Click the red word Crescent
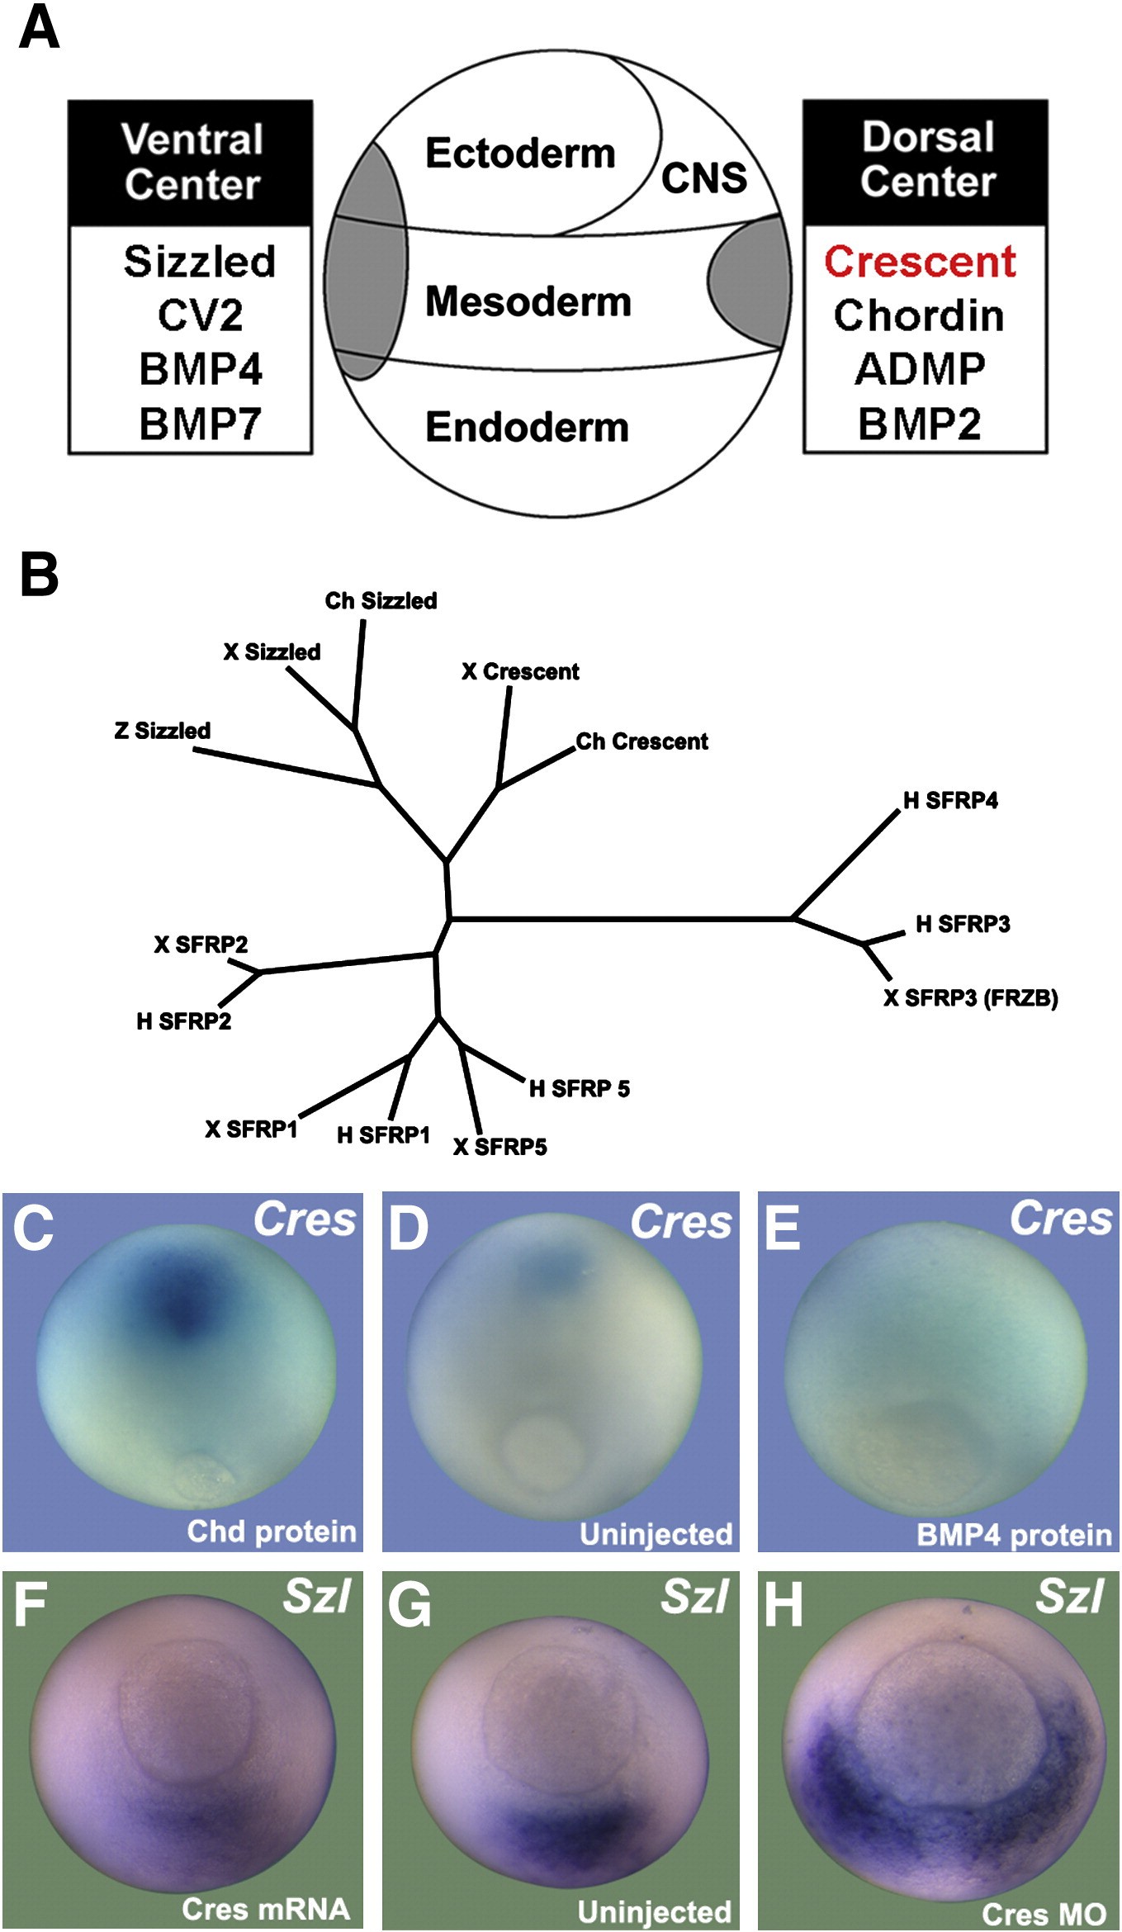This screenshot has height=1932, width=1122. (920, 262)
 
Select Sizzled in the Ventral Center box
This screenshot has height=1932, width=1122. (199, 262)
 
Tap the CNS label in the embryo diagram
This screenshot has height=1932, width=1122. (703, 178)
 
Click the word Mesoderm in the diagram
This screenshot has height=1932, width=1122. (528, 301)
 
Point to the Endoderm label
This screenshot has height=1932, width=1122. (527, 427)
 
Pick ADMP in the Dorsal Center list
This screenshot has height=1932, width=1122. (920, 369)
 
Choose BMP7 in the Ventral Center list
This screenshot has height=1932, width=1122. (200, 424)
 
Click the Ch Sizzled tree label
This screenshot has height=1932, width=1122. (381, 600)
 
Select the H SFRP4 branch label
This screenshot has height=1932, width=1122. (950, 800)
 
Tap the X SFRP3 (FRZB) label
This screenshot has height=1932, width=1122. (971, 998)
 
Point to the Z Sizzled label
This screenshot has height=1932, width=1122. (163, 730)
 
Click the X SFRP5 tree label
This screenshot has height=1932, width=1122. (500, 1146)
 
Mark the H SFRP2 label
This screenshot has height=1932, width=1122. (184, 1021)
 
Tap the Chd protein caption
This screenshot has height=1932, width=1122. (272, 1531)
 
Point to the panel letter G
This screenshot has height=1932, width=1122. (410, 1606)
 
